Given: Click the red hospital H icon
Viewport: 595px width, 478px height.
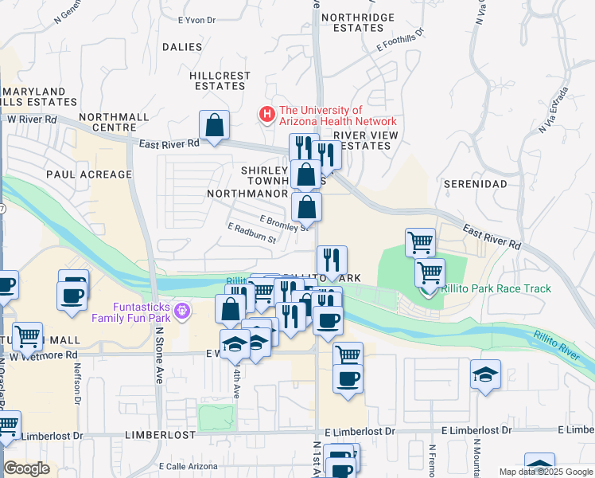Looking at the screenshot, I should [x=266, y=116].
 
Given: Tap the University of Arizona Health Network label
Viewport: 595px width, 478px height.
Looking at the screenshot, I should [x=337, y=116].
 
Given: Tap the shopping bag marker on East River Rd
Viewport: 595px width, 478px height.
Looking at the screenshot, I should [x=214, y=125].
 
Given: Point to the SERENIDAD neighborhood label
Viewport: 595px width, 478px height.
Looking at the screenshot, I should [x=476, y=184].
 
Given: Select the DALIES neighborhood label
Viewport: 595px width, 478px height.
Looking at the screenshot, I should [x=182, y=47].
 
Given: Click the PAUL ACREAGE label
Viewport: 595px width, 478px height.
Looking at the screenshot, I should [x=88, y=174].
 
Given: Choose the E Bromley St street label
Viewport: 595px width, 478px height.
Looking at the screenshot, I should [x=283, y=222].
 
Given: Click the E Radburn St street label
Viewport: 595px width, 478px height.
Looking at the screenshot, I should [x=251, y=233].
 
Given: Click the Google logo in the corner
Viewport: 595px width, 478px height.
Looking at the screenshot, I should [x=26, y=468].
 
